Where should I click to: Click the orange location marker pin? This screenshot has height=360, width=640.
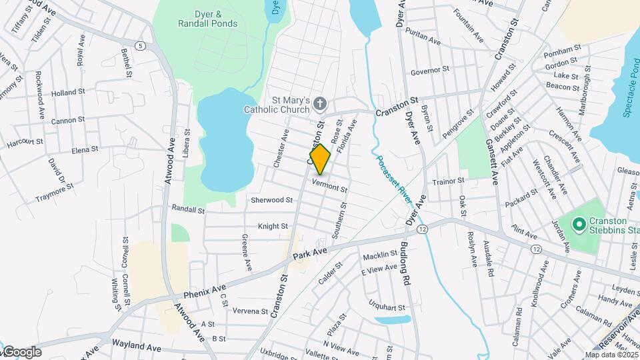(x=320, y=159)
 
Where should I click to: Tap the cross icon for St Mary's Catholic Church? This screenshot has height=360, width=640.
(x=321, y=103)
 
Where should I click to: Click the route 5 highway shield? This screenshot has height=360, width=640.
(x=140, y=45)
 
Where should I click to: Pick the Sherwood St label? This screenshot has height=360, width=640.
(x=271, y=200)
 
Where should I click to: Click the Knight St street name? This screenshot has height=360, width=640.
(x=273, y=227)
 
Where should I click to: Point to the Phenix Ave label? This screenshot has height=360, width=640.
(x=204, y=291)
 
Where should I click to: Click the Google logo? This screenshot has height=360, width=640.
(x=21, y=352)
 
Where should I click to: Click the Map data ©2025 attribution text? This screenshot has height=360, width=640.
(x=611, y=355)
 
